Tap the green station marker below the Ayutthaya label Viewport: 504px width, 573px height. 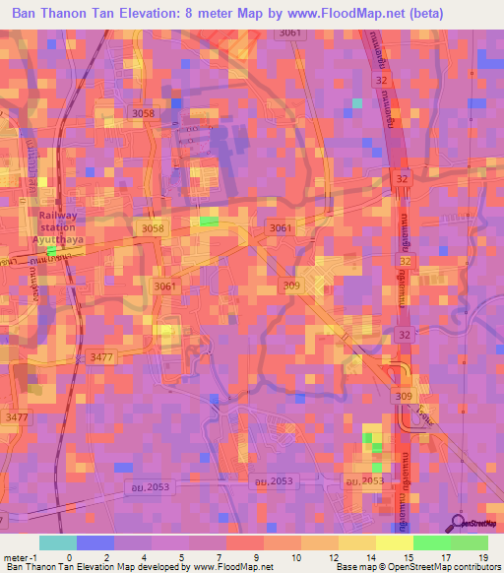coord(51,250)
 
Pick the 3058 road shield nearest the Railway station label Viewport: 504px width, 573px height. coord(153,228)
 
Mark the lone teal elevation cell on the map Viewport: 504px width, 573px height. coord(357,102)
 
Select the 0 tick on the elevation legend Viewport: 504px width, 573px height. coord(69,556)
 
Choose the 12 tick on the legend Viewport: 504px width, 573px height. coord(337,556)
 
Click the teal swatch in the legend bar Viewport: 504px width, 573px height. coord(58,542)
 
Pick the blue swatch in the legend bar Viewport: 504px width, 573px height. coord(95,542)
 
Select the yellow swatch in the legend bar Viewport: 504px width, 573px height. coord(394,542)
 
